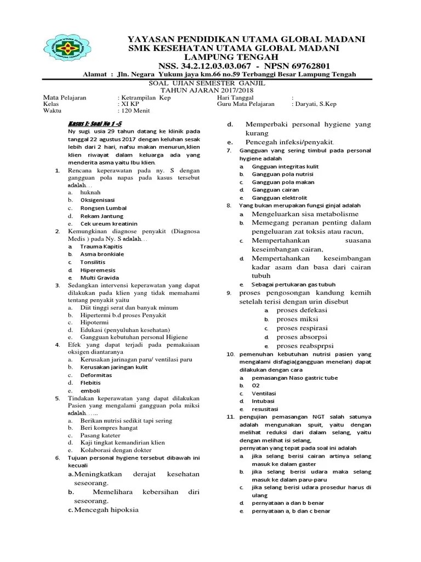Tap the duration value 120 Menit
click(135, 110)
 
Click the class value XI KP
click(129, 103)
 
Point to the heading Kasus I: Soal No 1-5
click(90, 123)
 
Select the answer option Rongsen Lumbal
click(103, 208)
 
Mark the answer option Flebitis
click(90, 382)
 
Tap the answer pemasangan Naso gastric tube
click(294, 378)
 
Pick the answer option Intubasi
click(264, 402)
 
